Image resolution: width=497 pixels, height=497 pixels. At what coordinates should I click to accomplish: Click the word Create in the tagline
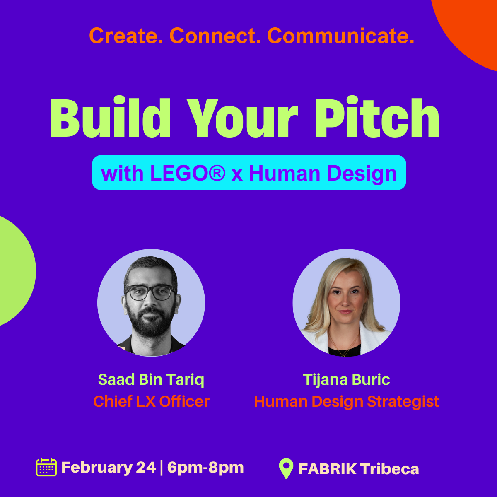126,36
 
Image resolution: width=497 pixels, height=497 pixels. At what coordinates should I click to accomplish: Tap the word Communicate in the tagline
341,36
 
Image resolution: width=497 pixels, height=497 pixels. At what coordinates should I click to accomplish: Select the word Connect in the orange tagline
215,36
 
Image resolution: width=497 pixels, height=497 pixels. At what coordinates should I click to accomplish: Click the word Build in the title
111,117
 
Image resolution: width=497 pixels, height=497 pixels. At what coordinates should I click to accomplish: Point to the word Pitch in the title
376,117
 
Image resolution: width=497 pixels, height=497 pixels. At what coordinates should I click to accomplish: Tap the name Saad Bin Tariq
151,379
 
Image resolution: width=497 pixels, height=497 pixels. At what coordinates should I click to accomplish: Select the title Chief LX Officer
151,401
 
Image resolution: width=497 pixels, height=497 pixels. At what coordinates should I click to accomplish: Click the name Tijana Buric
346,380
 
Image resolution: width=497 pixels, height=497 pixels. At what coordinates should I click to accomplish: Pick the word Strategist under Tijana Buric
403,402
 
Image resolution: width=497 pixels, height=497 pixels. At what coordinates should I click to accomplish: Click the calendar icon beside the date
46,467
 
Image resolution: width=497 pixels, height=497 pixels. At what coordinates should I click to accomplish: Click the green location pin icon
286,468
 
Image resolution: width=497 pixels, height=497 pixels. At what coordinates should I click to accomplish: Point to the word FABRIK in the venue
328,468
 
